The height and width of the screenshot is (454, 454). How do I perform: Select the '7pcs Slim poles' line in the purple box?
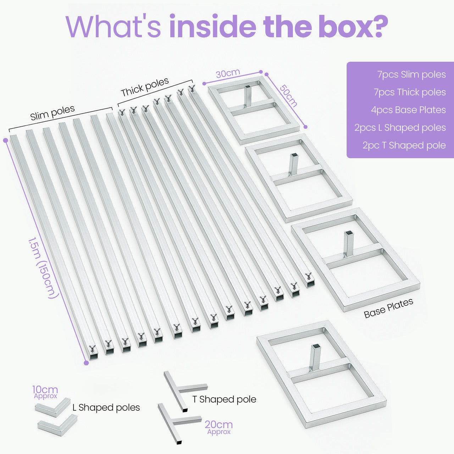(x=411, y=74)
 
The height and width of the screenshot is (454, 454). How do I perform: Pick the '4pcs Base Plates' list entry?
(x=408, y=110)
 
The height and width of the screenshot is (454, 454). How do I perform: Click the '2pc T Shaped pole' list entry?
(x=404, y=145)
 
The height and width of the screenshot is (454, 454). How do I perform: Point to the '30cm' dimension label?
(x=228, y=73)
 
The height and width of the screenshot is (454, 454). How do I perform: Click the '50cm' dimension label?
(x=288, y=95)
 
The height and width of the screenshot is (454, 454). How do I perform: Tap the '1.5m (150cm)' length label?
(x=43, y=268)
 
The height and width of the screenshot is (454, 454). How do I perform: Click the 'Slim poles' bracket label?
(x=52, y=113)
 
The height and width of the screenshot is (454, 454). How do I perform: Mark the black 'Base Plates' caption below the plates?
(x=388, y=308)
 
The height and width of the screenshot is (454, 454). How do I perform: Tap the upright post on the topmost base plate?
(x=248, y=96)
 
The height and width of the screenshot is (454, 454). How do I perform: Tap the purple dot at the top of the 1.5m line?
(x=5, y=140)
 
